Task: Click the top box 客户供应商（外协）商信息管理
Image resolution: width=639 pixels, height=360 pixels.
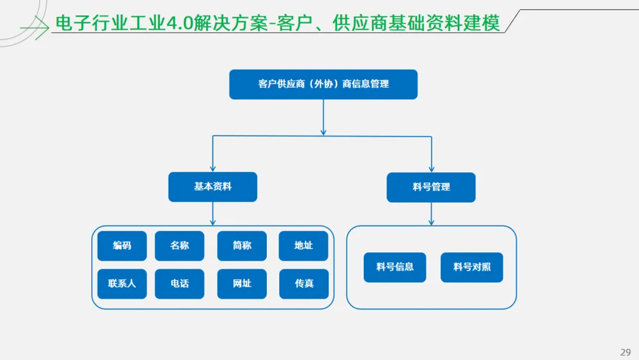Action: click(323, 84)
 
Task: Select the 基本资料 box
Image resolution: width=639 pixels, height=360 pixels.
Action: click(212, 187)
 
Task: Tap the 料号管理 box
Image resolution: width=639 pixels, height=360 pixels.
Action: click(431, 187)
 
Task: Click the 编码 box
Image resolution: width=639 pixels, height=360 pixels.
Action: click(122, 246)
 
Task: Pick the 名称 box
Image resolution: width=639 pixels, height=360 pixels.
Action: click(179, 246)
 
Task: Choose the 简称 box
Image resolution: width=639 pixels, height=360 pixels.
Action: click(242, 246)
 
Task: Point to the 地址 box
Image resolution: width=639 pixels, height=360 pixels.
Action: click(304, 246)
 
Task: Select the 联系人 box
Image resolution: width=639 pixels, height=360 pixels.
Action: click(122, 284)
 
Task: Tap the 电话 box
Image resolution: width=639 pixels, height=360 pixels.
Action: click(179, 284)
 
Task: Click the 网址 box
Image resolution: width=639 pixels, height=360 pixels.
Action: click(242, 284)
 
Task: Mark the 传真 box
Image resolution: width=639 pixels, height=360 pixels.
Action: click(304, 284)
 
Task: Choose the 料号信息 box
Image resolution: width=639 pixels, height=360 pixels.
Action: click(395, 267)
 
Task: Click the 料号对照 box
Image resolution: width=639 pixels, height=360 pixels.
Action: click(472, 267)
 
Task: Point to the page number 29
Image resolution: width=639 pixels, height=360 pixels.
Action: click(625, 352)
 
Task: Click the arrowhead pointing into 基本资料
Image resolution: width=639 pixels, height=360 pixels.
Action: click(212, 169)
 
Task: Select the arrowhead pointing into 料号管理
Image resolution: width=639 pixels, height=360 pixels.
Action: click(431, 169)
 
